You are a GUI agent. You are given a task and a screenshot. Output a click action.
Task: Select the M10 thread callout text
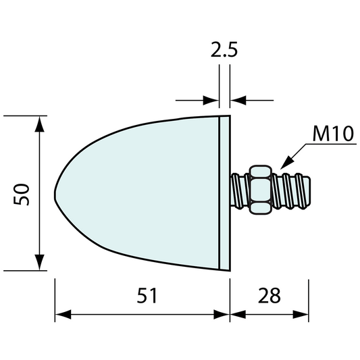[x=333, y=134]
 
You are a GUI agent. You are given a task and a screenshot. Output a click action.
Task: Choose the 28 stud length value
[x=269, y=295]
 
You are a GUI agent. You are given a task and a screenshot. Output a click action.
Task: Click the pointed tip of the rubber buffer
[x=55, y=192]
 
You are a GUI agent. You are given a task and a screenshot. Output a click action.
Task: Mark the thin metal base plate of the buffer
[x=225, y=192]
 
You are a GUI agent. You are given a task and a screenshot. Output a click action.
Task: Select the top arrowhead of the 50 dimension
[x=39, y=122]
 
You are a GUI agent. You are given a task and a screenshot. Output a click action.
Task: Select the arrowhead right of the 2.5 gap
[x=237, y=101]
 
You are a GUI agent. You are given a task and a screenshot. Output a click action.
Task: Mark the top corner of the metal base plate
[x=226, y=116]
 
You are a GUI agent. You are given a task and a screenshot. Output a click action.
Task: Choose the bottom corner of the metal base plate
[x=226, y=269]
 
